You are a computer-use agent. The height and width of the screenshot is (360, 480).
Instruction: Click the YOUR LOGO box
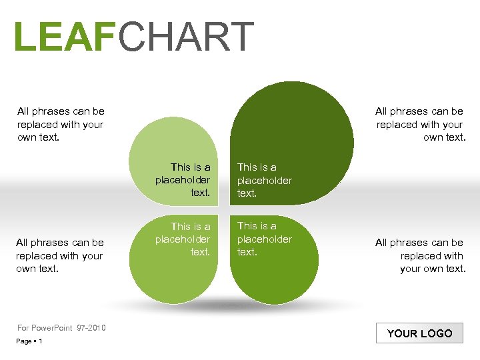[x=419, y=333]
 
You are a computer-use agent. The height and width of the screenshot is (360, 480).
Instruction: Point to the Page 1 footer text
[x=30, y=341]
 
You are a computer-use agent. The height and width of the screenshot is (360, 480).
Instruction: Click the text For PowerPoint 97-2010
[x=61, y=327]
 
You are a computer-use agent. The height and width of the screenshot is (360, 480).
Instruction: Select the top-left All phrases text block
[x=61, y=125]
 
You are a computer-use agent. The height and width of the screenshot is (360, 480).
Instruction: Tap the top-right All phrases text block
[x=419, y=125]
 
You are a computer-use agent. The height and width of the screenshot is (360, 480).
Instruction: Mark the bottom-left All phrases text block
[x=60, y=256]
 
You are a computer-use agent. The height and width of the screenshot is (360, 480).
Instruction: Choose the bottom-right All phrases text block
[x=420, y=256]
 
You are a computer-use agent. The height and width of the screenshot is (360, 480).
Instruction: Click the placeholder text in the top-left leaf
[x=183, y=180]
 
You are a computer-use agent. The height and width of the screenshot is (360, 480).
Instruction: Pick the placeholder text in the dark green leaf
[x=264, y=180]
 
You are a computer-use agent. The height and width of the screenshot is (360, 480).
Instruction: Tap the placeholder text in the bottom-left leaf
[x=183, y=239]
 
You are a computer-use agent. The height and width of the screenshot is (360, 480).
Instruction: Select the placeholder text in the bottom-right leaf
[x=264, y=239]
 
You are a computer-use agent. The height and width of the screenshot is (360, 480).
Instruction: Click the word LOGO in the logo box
[x=436, y=333]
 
